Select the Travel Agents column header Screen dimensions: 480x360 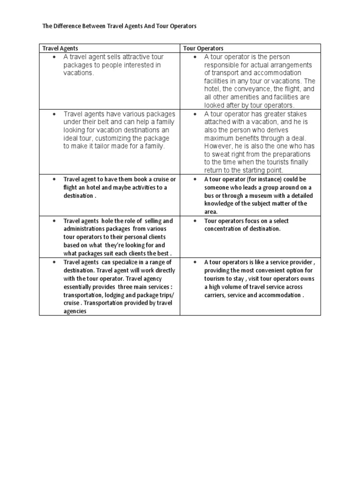click(60, 48)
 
